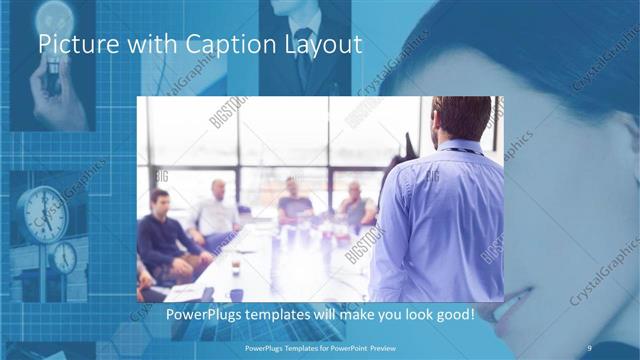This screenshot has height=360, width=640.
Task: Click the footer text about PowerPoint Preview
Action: tap(319, 347)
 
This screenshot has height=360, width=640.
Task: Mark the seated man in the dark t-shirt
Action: tap(294, 205)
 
